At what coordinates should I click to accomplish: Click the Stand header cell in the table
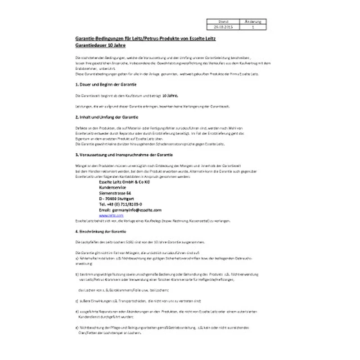point(223,21)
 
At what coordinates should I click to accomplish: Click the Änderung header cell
point(253,21)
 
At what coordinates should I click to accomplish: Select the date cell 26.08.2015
point(223,27)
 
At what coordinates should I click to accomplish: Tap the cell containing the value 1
point(253,27)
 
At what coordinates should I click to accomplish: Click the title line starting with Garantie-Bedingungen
point(144,39)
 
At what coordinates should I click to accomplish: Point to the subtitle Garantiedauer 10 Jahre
point(100,45)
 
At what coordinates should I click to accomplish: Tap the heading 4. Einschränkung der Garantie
point(101,231)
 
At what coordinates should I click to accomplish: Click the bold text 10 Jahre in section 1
point(170,95)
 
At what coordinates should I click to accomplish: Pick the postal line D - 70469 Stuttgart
point(116,198)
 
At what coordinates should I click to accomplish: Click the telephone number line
point(120,204)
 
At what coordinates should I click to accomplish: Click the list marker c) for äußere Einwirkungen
point(76,300)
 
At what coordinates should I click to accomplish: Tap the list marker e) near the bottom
point(76,328)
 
